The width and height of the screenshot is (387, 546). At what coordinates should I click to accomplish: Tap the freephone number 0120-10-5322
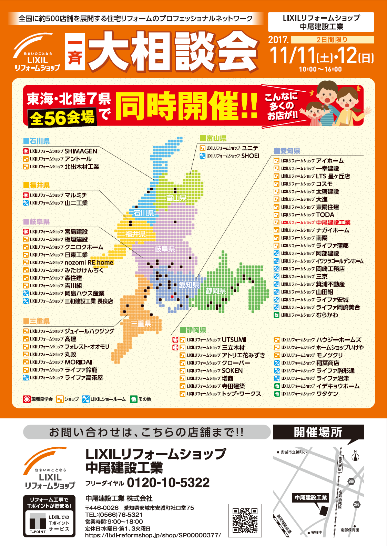tap(168, 483)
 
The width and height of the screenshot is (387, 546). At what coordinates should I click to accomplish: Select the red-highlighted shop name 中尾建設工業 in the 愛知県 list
tap(333, 222)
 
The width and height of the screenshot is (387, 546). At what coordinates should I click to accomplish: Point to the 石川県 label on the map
tap(144, 213)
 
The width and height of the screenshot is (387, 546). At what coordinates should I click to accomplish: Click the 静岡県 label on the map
tap(216, 291)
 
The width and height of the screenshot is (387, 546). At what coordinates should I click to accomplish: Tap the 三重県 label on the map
tap(141, 323)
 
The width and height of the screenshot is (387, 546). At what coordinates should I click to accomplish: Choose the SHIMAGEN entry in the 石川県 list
tap(81, 151)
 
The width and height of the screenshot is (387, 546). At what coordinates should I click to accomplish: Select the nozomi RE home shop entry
tap(89, 262)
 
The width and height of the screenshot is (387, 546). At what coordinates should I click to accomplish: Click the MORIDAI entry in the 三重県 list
tap(78, 362)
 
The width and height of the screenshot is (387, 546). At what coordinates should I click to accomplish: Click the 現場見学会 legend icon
tap(27, 399)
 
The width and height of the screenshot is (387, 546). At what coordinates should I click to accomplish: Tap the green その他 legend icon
tap(134, 399)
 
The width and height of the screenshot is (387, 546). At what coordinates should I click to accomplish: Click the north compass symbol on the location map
tap(355, 457)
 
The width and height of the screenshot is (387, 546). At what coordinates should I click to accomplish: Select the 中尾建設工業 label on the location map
tap(310, 497)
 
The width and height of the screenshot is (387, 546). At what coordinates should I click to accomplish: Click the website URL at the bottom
tap(153, 535)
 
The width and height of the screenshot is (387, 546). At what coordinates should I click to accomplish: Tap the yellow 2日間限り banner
tap(332, 40)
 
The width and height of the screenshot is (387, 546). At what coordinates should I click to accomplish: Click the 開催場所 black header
tap(318, 432)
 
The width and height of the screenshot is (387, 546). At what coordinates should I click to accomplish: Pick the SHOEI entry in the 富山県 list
tap(250, 156)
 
